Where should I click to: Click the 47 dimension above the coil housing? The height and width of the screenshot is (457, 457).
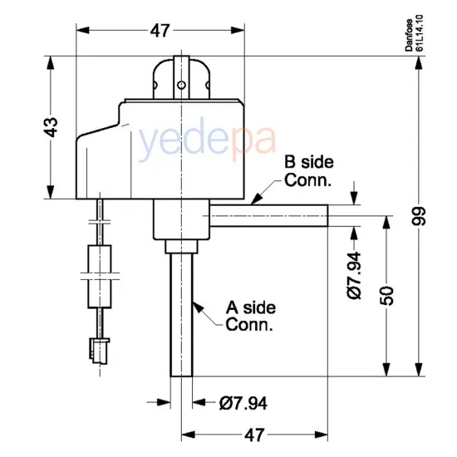160,32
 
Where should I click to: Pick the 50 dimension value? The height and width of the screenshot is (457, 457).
387,295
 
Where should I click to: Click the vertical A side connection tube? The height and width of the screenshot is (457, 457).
181,316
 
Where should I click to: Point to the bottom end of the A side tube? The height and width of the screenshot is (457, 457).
181,373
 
